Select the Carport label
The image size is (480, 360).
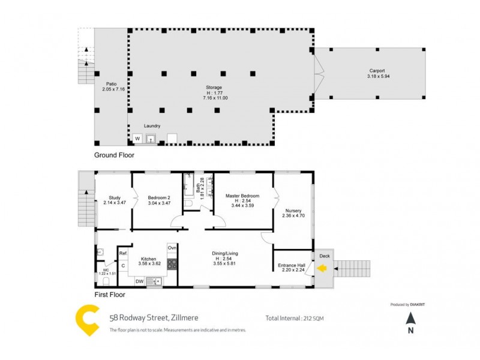coord(377,71)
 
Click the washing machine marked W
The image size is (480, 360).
coord(137,139)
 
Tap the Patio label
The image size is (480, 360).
coord(111,84)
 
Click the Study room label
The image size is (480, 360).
coord(115,198)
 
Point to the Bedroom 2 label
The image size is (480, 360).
coord(158,198)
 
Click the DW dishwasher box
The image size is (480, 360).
coord(139,280)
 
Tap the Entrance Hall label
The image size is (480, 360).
coord(292,265)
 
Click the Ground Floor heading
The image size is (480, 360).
coord(114,155)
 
